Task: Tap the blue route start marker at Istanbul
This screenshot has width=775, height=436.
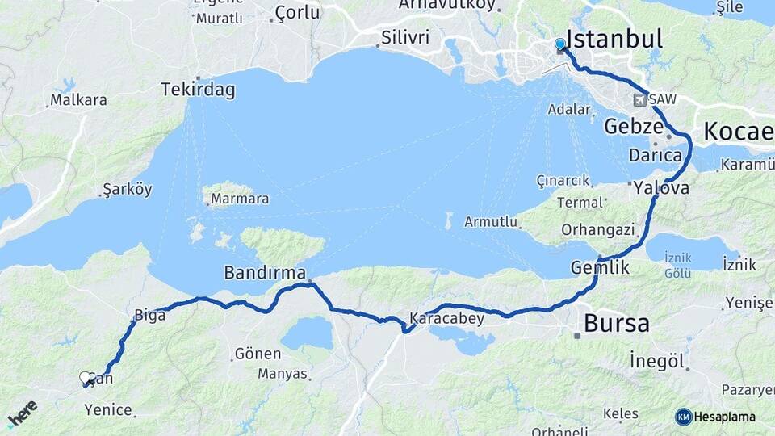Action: pyautogui.click(x=559, y=44)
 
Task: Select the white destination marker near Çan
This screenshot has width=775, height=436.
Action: pyautogui.click(x=85, y=377)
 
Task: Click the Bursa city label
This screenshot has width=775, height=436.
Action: pyautogui.click(x=616, y=324)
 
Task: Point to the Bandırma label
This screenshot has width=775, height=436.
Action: pyautogui.click(x=266, y=273)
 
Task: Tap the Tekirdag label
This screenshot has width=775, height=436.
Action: pyautogui.click(x=198, y=90)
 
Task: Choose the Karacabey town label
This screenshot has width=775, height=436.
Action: pyautogui.click(x=446, y=318)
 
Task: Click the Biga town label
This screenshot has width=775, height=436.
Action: pyautogui.click(x=149, y=315)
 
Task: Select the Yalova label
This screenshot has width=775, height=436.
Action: pyautogui.click(x=661, y=187)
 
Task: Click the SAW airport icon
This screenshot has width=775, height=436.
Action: pyautogui.click(x=639, y=100)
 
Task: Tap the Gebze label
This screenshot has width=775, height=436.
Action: pyautogui.click(x=634, y=128)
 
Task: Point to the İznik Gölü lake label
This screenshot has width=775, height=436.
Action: pyautogui.click(x=678, y=266)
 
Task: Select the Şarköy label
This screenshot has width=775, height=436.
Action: pyautogui.click(x=128, y=190)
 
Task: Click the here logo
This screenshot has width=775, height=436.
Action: pyautogui.click(x=22, y=414)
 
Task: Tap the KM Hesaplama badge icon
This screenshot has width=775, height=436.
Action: pyautogui.click(x=684, y=417)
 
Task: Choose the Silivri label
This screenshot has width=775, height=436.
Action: pyautogui.click(x=405, y=38)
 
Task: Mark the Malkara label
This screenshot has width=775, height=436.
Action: pyautogui.click(x=78, y=100)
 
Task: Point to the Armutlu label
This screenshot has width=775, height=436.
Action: pyautogui.click(x=490, y=221)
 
